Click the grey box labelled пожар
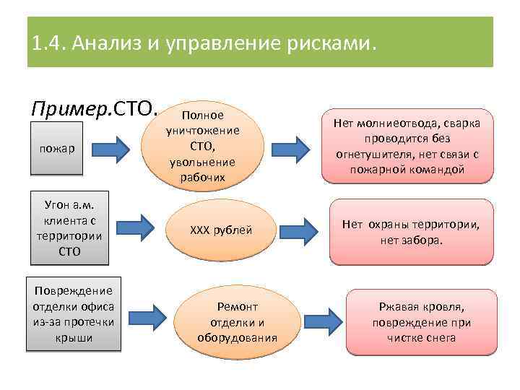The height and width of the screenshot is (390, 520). click(57, 149)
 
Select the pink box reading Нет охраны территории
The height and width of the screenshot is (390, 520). click(411, 232)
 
